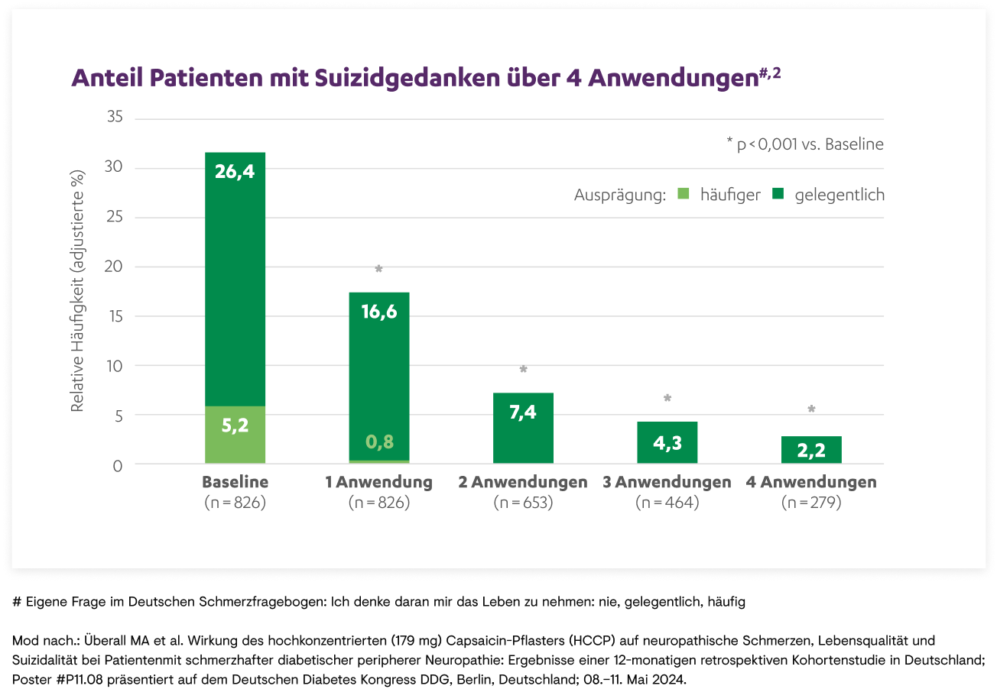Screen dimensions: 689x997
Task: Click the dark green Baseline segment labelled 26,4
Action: pyautogui.click(x=235, y=279)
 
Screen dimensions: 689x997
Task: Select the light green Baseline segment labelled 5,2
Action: pyautogui.click(x=235, y=435)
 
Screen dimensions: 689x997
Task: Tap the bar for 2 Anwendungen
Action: pyautogui.click(x=523, y=429)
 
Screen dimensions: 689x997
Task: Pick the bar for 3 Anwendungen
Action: pyautogui.click(x=667, y=443)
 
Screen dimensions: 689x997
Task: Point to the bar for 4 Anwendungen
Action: pyautogui.click(x=811, y=450)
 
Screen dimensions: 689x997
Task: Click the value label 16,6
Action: pyautogui.click(x=379, y=312)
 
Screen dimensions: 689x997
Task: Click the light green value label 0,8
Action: pyautogui.click(x=379, y=442)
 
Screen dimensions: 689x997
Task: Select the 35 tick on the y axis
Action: pyautogui.click(x=114, y=118)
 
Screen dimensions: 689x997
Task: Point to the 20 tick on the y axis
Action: pyautogui.click(x=114, y=267)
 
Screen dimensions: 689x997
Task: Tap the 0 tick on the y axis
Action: pyautogui.click(x=118, y=464)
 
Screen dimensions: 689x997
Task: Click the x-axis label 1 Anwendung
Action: pyautogui.click(x=379, y=483)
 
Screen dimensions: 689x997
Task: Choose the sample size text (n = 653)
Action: pyautogui.click(x=523, y=503)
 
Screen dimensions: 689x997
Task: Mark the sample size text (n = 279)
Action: pyautogui.click(x=811, y=503)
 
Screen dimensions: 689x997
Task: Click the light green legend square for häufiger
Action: pyautogui.click(x=683, y=195)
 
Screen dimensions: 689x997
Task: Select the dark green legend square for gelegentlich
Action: pyautogui.click(x=778, y=195)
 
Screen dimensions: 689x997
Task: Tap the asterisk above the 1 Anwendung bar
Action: pyautogui.click(x=379, y=269)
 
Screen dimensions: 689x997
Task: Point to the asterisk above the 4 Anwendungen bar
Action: pyautogui.click(x=811, y=409)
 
